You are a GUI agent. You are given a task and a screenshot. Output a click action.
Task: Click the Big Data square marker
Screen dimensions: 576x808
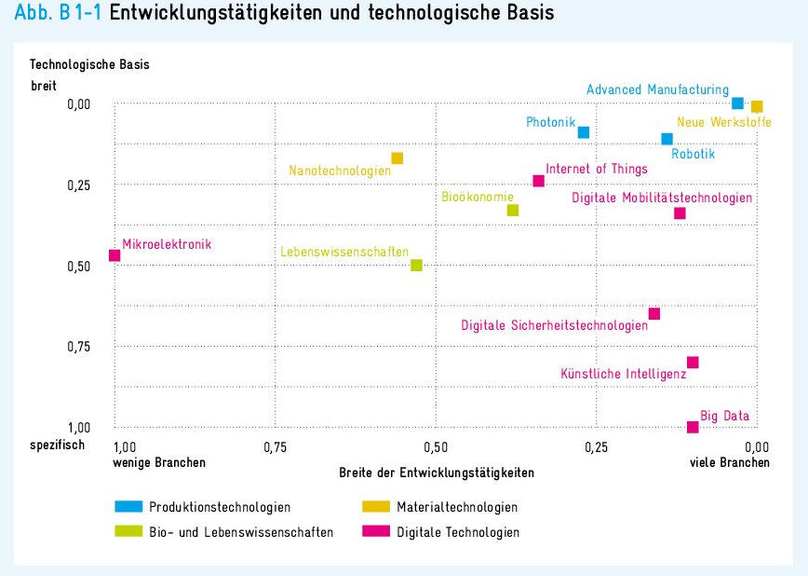tap(693, 427)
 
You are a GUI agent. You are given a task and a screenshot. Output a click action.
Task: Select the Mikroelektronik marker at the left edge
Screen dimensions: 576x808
tap(114, 255)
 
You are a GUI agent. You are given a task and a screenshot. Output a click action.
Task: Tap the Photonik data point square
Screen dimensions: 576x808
tap(584, 132)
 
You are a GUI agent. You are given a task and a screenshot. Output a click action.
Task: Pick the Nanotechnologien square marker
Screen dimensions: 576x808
tap(397, 158)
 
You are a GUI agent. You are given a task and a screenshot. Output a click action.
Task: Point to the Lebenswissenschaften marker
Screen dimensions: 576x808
tap(416, 265)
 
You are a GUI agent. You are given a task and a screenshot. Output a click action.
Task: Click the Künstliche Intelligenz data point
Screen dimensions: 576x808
tap(693, 362)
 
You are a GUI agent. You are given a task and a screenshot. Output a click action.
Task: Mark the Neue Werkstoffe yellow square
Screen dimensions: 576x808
tap(757, 107)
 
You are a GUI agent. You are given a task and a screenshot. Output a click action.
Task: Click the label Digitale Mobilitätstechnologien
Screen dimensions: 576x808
tap(662, 198)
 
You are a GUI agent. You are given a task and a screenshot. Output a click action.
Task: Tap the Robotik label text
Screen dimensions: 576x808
tap(694, 154)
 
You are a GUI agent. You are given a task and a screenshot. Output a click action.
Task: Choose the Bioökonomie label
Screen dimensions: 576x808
tap(478, 197)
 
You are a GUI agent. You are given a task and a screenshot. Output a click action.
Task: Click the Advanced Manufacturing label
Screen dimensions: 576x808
tap(657, 89)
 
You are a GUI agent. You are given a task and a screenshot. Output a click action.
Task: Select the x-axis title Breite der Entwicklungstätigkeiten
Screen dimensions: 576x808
tap(437, 473)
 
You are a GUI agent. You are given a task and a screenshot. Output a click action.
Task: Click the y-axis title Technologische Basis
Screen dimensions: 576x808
tap(89, 65)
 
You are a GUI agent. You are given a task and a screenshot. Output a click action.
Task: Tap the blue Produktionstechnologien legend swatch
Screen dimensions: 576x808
tap(128, 507)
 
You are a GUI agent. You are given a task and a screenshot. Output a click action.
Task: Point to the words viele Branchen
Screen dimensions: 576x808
tap(730, 462)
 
